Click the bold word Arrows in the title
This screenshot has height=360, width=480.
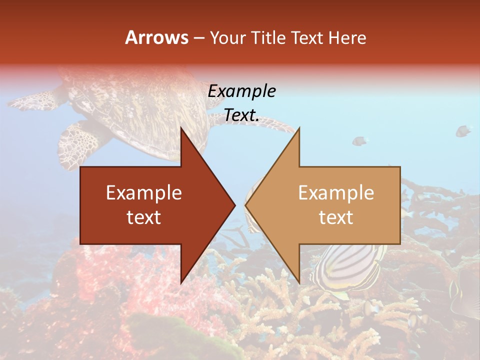[x=156, y=38]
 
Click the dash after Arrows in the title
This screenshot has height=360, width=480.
[x=198, y=38]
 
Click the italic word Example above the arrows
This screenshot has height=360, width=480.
[x=242, y=91]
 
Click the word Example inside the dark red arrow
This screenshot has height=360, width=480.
[x=144, y=193]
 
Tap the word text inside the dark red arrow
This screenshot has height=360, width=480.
[x=144, y=217]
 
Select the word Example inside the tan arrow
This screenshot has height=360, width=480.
[x=336, y=193]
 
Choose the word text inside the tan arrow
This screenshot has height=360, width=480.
[x=336, y=217]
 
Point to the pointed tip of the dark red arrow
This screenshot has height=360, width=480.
[x=234, y=205]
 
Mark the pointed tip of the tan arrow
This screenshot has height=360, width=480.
[x=246, y=205]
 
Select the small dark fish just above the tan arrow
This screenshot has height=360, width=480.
[x=359, y=141]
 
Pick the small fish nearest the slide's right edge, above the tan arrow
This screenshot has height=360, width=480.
[x=463, y=131]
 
